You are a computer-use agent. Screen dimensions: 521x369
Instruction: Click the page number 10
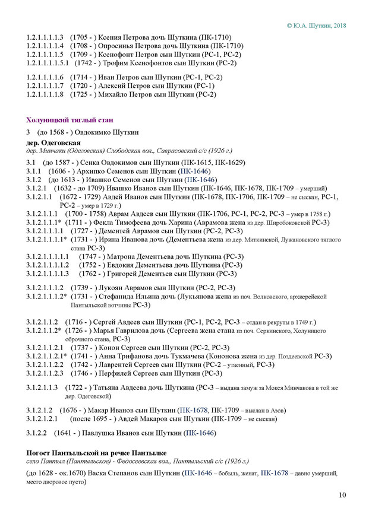click(x=342, y=494)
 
